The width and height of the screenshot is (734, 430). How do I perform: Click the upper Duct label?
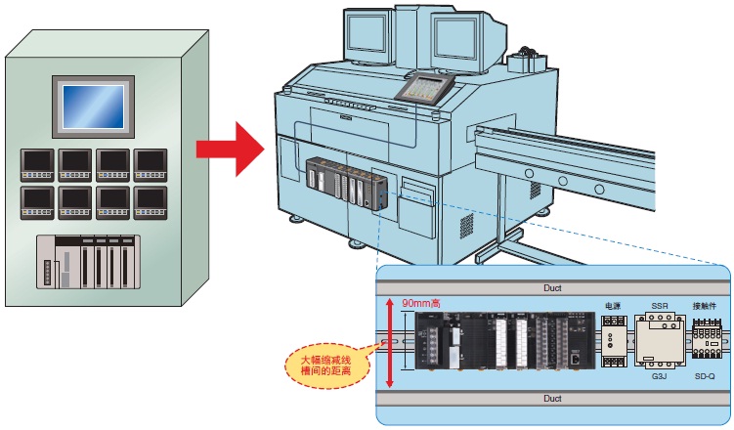coord(552,289)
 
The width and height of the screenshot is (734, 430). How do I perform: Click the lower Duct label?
coord(552,399)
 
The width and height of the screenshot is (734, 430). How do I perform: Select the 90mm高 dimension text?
coord(420,304)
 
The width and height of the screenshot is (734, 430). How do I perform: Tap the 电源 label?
coord(613,306)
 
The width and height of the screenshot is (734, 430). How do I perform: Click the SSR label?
coord(659,306)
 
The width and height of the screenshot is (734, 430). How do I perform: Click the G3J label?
coord(658,375)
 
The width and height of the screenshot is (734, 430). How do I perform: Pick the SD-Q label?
coord(705,375)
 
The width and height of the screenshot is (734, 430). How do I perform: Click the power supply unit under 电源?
coord(614,343)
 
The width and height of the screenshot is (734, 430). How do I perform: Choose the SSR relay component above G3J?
coord(659,342)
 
